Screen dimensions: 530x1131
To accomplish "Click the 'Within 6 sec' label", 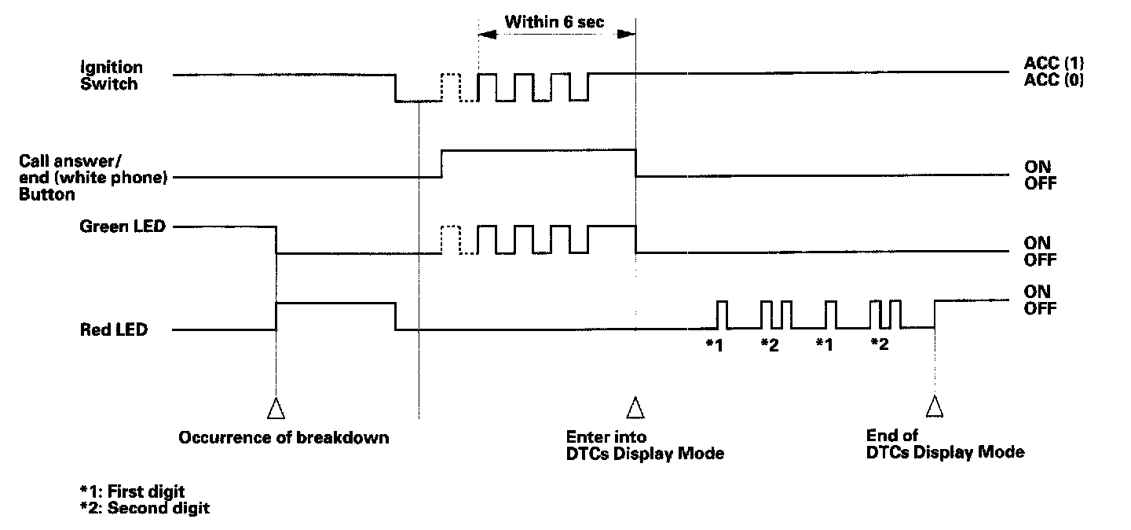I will click(555, 22).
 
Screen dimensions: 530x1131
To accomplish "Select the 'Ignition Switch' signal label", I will click(112, 76).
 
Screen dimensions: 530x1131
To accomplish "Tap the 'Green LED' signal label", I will click(123, 227).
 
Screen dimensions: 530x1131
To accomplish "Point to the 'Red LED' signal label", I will click(114, 330).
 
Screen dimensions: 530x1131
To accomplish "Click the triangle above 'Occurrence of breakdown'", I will click(276, 408).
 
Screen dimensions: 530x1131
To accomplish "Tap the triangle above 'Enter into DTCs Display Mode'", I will click(635, 408).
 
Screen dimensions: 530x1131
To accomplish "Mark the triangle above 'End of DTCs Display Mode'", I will click(934, 407).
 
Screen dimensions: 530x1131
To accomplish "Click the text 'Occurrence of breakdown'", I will click(284, 438).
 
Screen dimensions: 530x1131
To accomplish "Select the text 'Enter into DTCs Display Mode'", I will click(644, 445).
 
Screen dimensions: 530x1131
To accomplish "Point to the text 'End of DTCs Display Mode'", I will click(945, 444).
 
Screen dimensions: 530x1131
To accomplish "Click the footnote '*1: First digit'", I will click(132, 491).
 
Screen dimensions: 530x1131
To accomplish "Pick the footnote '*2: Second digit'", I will click(145, 508).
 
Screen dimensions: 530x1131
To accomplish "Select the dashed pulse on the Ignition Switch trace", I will click(450, 86).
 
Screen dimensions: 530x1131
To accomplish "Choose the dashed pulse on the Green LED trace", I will click(450, 239).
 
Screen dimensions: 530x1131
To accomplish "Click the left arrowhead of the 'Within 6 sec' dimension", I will click(487, 35).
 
